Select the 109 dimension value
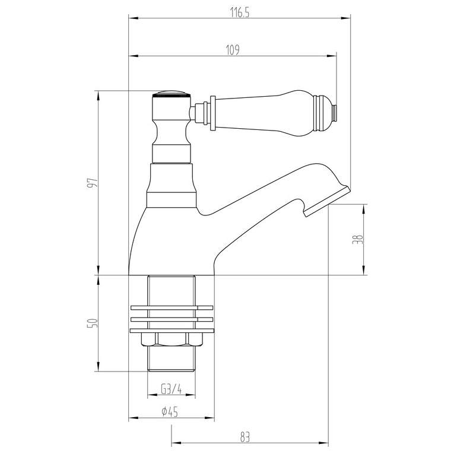pyautogui.click(x=232, y=50)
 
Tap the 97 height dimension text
pyautogui.click(x=91, y=183)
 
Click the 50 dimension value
pyautogui.click(x=91, y=323)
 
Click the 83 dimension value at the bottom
pyautogui.click(x=246, y=437)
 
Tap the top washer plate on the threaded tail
pyautogui.click(x=171, y=307)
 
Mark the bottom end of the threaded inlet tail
pyautogui.click(x=171, y=369)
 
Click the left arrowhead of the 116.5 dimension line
pyautogui.click(x=132, y=19)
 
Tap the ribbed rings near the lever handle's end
pyautogui.click(x=323, y=111)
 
